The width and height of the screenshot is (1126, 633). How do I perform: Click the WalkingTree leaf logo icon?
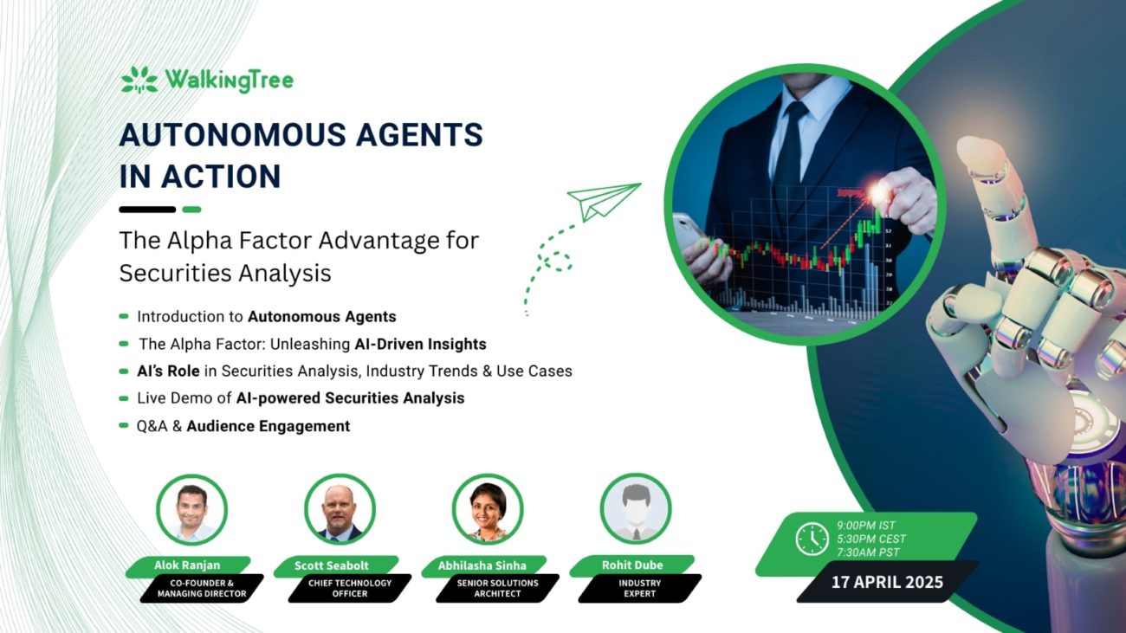[139, 80]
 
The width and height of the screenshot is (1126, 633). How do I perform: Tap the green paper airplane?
[603, 202]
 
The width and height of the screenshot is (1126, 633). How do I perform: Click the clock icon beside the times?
[812, 539]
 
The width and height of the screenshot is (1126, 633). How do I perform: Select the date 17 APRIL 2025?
[887, 582]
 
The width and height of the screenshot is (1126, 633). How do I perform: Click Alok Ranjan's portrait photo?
[191, 509]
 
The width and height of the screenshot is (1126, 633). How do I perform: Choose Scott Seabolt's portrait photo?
[340, 509]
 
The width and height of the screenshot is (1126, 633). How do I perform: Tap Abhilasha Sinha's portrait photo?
[488, 509]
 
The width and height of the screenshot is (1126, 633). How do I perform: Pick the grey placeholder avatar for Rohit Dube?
[636, 508]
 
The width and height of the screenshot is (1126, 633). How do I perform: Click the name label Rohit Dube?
[632, 565]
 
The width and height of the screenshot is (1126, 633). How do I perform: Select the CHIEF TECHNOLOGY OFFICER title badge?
[350, 588]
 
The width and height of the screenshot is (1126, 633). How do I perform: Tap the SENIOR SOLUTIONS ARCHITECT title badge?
[498, 588]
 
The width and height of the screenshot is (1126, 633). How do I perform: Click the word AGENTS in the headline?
[419, 134]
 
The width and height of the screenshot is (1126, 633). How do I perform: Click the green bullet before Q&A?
[124, 425]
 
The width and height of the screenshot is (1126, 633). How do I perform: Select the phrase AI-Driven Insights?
[420, 344]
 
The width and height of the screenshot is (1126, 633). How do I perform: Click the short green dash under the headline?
[191, 210]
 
